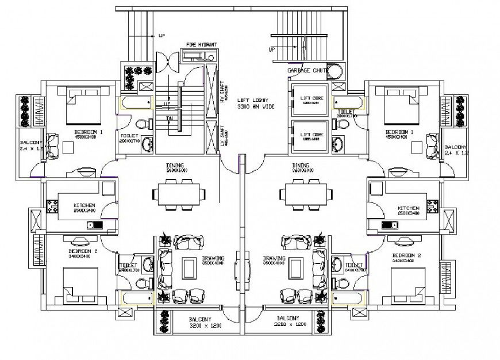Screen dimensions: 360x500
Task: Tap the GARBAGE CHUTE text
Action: coord(307,70)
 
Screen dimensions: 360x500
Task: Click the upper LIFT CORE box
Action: coord(311,100)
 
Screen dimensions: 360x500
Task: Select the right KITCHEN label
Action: coord(408,208)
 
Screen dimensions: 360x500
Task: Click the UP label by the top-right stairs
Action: coord(272,50)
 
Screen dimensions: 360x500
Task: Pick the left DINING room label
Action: coord(175,167)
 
